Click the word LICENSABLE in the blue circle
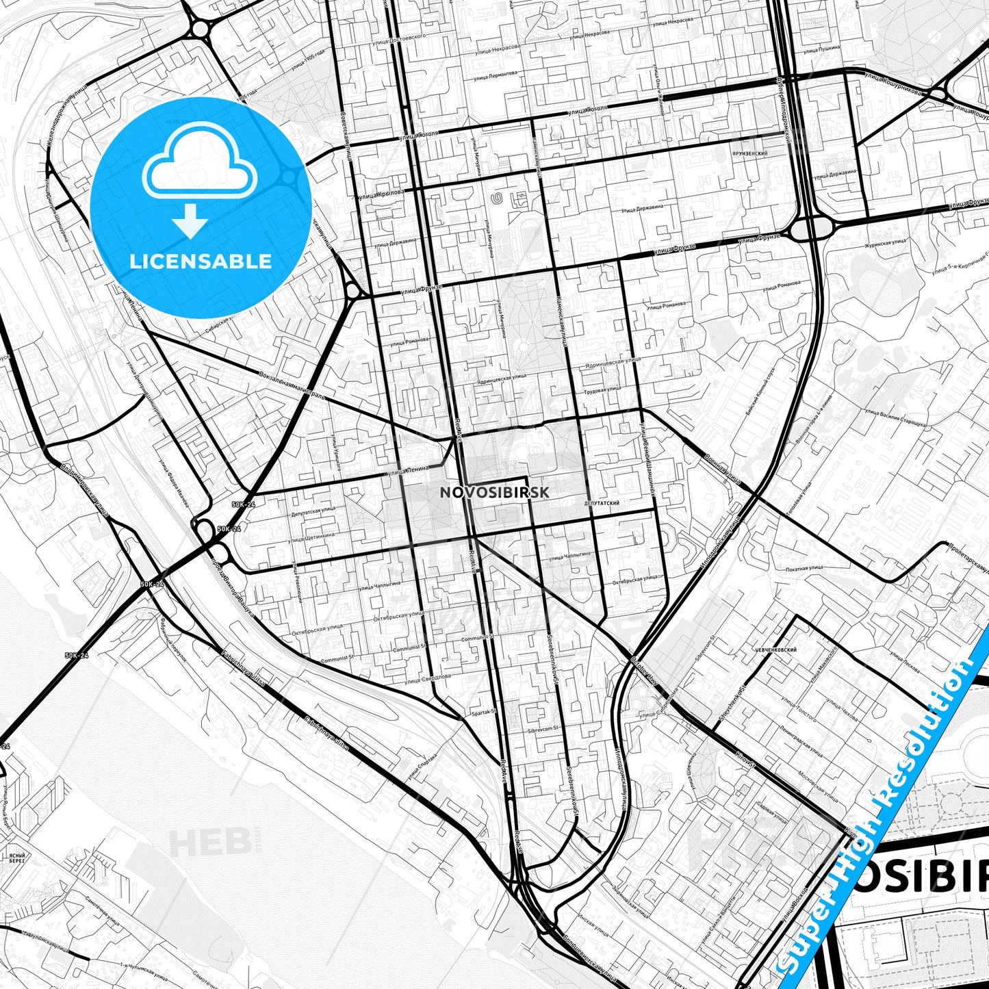[x=201, y=261]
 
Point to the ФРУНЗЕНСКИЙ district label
[x=749, y=154]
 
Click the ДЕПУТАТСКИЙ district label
[x=602, y=503]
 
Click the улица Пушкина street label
[x=821, y=50]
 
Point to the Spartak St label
[x=483, y=712]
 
